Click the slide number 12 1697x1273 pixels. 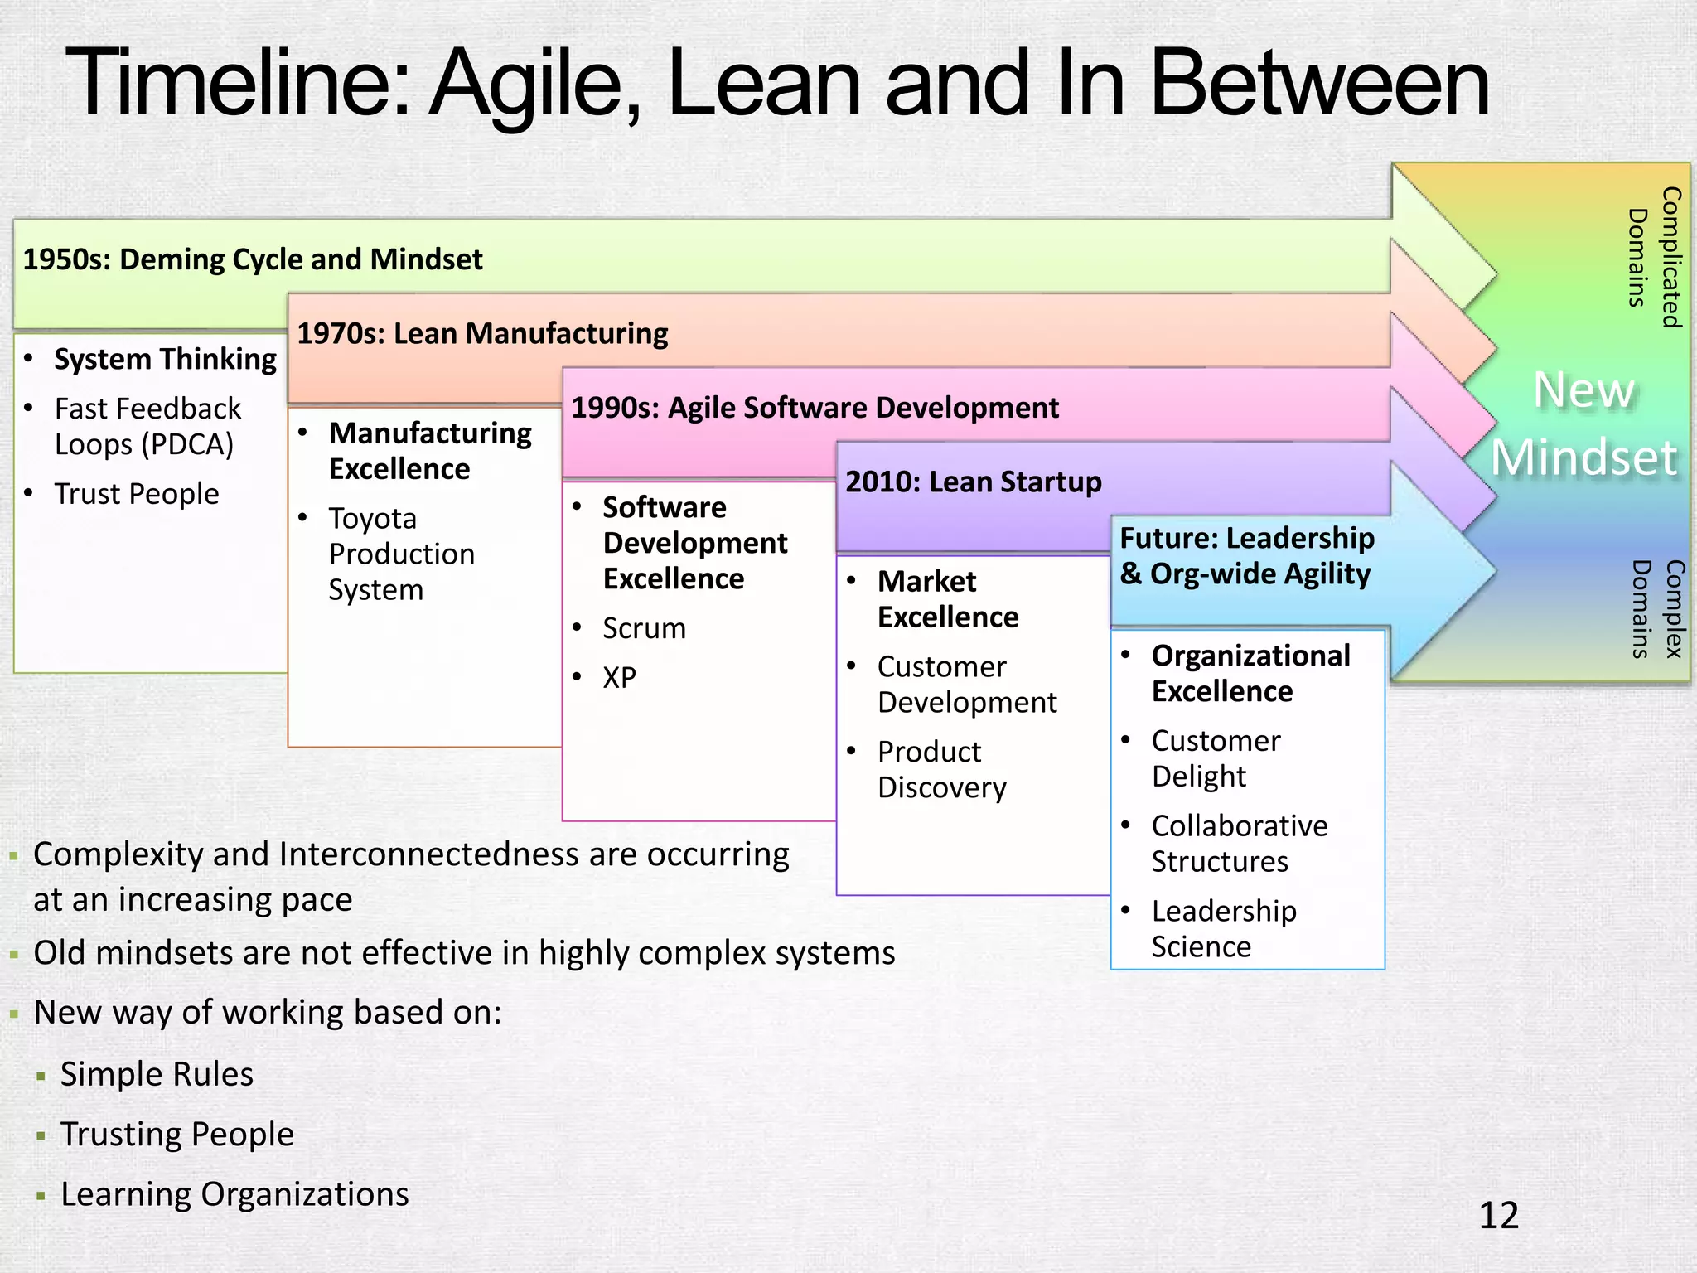click(1498, 1215)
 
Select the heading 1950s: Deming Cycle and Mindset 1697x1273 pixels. click(252, 259)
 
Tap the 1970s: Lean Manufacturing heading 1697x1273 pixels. click(482, 333)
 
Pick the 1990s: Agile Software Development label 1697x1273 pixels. click(815, 408)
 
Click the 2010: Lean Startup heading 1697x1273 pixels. click(973, 482)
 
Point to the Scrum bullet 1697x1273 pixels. click(644, 628)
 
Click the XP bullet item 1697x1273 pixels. click(619, 677)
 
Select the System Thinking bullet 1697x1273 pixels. click(165, 359)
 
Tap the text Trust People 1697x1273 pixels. click(137, 494)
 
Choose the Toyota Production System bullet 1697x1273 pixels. click(401, 554)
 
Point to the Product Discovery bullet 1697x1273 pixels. click(941, 769)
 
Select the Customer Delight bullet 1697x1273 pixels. click(1215, 758)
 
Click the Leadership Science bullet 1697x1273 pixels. click(1223, 928)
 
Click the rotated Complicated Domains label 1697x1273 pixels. click(1654, 257)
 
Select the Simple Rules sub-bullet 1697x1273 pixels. click(157, 1074)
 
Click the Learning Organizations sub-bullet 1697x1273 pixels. click(234, 1194)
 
